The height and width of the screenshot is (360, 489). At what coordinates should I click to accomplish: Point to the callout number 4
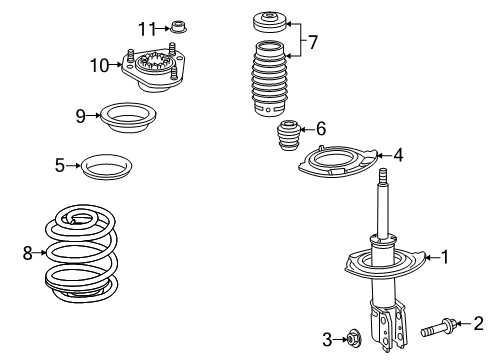[398, 154]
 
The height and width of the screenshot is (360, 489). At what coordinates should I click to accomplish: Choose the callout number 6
[320, 128]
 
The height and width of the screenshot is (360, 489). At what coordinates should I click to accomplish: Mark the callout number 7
[313, 42]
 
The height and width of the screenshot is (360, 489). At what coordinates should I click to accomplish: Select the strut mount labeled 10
[152, 72]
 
